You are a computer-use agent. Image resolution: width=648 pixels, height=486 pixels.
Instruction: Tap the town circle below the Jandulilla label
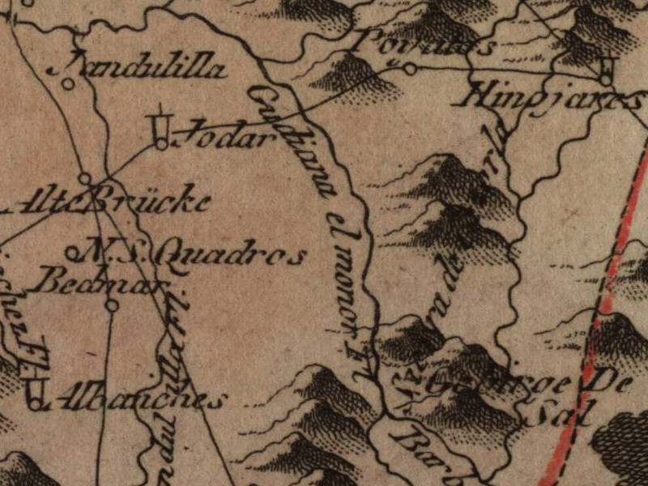tap(70, 83)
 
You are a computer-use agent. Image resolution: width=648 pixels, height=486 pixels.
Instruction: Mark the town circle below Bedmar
tap(112, 305)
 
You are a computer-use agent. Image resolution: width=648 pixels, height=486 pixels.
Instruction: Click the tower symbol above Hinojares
tap(607, 70)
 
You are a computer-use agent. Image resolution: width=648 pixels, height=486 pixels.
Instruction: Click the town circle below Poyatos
tap(410, 69)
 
